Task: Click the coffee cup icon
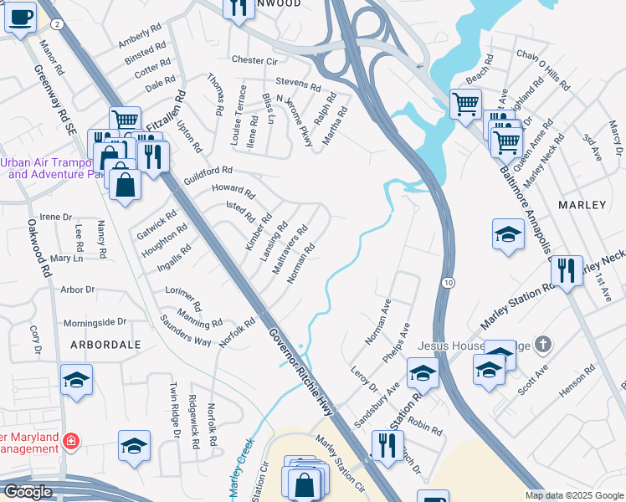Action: (x=20, y=17)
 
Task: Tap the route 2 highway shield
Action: (x=56, y=24)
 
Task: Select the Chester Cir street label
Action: (x=254, y=60)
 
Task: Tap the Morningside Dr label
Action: (x=95, y=321)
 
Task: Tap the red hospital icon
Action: (x=72, y=440)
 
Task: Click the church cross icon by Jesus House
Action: (x=544, y=344)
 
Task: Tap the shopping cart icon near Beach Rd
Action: (x=465, y=105)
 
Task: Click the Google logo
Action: (x=28, y=492)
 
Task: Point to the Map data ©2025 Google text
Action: (x=575, y=495)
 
